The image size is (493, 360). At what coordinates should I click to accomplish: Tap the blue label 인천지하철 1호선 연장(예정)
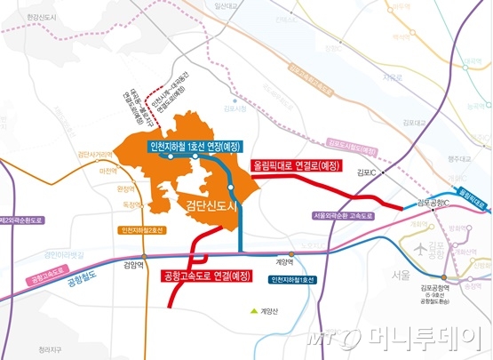click(193, 147)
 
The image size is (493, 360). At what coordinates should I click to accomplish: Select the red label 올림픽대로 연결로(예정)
click(297, 165)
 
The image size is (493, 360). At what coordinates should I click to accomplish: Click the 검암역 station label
click(133, 264)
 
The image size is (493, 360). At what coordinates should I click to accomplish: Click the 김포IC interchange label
click(366, 172)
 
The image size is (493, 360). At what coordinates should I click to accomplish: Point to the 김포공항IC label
click(432, 203)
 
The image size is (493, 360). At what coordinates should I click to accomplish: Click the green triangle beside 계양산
click(252, 310)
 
